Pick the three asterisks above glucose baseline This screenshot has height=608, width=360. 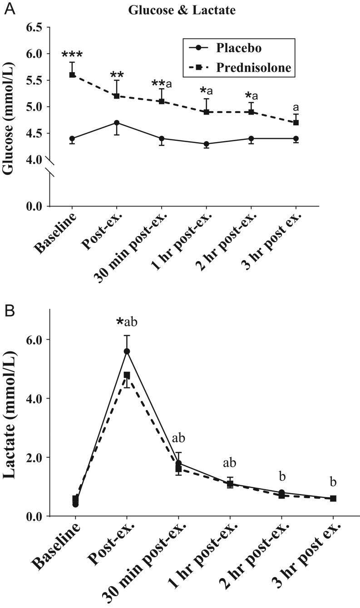click(x=72, y=56)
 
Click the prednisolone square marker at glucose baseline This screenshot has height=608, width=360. click(x=72, y=74)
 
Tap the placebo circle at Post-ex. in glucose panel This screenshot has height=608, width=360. click(x=117, y=123)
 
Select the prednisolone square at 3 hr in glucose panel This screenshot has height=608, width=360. click(x=296, y=123)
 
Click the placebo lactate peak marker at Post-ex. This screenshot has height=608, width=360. click(x=127, y=351)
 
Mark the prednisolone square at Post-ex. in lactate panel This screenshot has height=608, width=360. click(x=127, y=375)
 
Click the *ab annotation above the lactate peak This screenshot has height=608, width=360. click(x=127, y=322)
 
